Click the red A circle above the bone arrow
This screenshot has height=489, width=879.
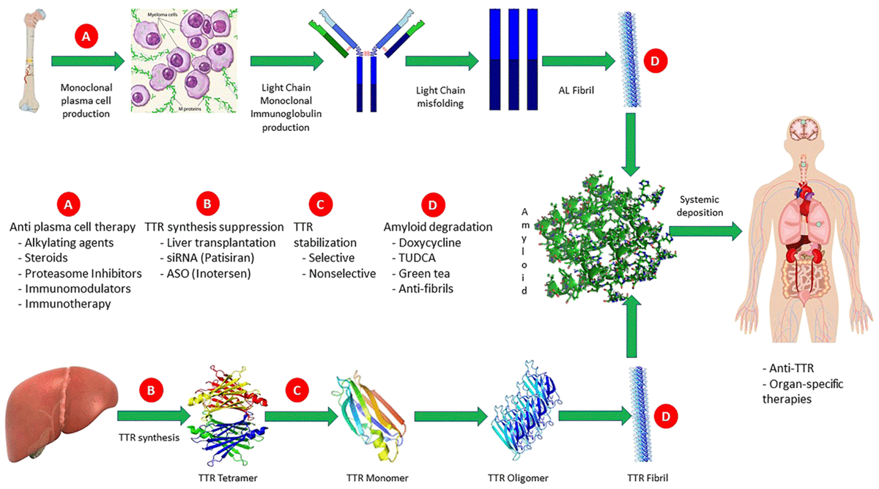click(x=86, y=36)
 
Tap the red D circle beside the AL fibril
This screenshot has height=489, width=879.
click(x=656, y=61)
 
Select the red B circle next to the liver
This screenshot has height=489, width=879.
click(x=151, y=390)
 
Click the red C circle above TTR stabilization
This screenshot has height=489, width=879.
click(x=321, y=204)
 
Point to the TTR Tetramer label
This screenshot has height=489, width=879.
click(x=228, y=478)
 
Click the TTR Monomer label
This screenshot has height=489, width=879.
click(x=377, y=478)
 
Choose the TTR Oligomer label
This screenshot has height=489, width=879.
click(x=518, y=478)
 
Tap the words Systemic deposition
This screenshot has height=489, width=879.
click(x=700, y=206)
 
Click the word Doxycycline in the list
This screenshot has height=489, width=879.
click(x=430, y=243)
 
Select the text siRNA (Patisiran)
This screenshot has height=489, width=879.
click(x=210, y=258)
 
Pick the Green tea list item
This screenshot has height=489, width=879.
click(x=424, y=273)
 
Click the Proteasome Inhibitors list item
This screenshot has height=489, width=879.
click(x=84, y=273)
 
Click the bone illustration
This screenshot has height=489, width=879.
click(x=32, y=61)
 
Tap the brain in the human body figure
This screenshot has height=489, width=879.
click(x=804, y=129)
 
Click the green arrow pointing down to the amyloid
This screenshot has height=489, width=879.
click(x=631, y=144)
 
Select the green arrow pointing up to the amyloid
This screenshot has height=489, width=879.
click(x=631, y=326)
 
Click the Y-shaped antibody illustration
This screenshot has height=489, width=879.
click(x=366, y=60)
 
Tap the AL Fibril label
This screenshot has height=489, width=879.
click(x=576, y=90)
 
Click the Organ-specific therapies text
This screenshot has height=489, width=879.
click(x=803, y=392)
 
